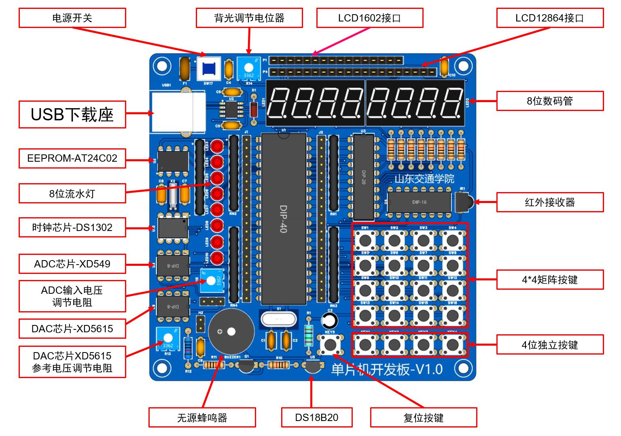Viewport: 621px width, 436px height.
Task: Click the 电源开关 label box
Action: click(72, 18)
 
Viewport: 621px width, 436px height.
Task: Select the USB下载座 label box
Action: click(72, 115)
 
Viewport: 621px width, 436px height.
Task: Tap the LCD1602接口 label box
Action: click(369, 18)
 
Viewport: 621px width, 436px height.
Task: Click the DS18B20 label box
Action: click(317, 417)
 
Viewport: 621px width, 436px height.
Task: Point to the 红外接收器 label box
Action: click(550, 202)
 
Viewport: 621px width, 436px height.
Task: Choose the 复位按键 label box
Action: click(424, 417)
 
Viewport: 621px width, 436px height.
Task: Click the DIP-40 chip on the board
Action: click(283, 219)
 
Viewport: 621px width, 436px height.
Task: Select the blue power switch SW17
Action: click(209, 68)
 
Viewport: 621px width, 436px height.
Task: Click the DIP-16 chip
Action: click(419, 202)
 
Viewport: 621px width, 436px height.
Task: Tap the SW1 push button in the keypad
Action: click(365, 240)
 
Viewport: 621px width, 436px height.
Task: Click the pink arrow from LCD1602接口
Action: click(342, 41)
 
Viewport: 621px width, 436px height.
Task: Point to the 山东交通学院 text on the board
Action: click(424, 179)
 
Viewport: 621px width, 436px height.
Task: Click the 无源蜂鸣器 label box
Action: click(202, 417)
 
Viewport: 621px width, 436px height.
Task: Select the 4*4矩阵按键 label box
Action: click(550, 280)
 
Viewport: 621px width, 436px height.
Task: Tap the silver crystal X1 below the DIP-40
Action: click(278, 318)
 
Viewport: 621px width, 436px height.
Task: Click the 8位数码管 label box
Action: click(550, 101)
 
